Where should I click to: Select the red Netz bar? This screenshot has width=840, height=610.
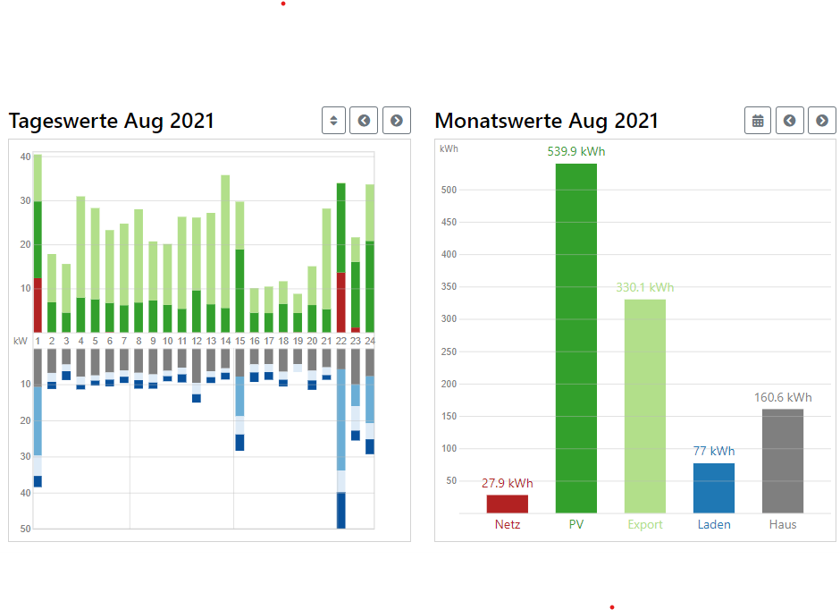507,504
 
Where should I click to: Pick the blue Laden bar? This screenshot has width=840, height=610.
713,487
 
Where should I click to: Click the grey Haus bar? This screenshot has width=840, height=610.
782,461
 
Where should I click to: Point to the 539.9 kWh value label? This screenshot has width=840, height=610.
575,151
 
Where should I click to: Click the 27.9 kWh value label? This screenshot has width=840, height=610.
507,483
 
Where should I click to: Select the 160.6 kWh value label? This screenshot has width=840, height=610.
782,397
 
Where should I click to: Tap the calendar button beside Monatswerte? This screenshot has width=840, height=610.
758,121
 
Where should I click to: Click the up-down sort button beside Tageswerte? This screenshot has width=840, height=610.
333,121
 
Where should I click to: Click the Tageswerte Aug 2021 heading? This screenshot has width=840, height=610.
112,121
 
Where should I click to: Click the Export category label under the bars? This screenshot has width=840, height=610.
644,524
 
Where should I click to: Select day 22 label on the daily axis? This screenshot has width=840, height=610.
340,341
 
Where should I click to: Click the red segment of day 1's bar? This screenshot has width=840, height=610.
38,305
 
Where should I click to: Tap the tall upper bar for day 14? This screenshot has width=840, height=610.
225,241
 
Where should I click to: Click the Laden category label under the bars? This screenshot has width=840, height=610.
713,524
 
